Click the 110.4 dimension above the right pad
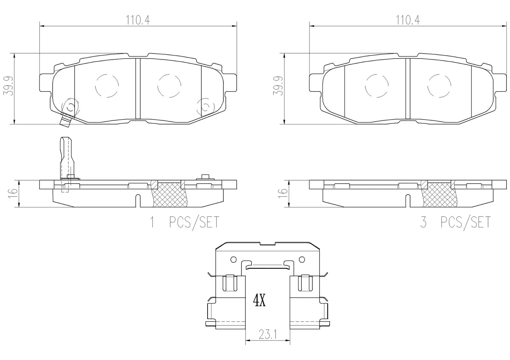(x=407, y=21)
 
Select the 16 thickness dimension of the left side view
(x=13, y=192)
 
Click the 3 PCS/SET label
(x=455, y=222)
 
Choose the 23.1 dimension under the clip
(x=267, y=334)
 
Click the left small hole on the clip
(x=233, y=260)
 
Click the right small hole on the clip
(x=302, y=260)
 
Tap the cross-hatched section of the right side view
(x=439, y=194)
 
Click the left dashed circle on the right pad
(x=377, y=86)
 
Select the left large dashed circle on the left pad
(x=107, y=86)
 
